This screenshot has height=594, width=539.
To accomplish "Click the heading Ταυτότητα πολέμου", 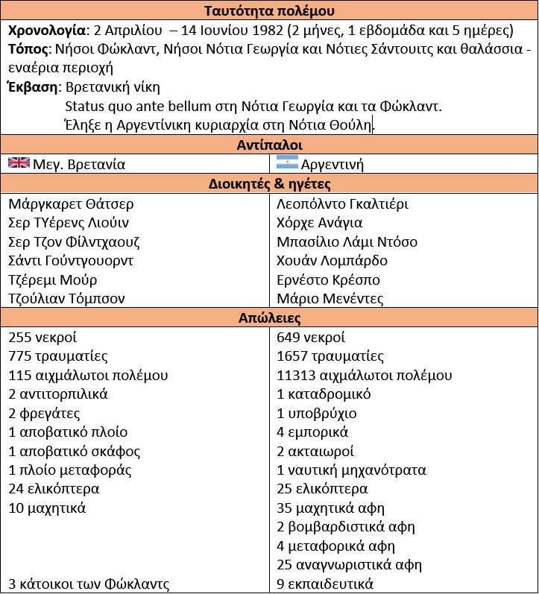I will tap(269, 11).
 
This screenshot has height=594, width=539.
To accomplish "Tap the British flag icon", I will tap(19, 163).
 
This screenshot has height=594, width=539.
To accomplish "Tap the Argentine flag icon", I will tap(287, 163).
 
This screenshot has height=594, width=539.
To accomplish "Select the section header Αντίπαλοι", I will tap(269, 145).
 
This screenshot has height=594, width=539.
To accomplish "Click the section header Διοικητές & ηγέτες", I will tap(269, 184).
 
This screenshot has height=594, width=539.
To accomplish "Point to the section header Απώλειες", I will tap(269, 318).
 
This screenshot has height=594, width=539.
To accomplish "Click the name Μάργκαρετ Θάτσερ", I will tap(72, 204).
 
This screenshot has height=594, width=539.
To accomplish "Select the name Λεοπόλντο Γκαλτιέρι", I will tap(342, 204).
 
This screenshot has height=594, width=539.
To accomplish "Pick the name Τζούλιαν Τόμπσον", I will tap(67, 299).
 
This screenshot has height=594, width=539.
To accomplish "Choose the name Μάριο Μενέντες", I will tap(330, 299).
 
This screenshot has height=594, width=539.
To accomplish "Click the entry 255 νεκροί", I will tap(42, 338).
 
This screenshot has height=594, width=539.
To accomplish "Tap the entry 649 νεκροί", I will tap(311, 338).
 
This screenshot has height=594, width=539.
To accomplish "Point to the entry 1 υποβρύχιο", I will tap(317, 414).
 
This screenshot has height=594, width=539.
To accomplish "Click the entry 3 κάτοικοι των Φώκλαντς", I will tap(89, 584).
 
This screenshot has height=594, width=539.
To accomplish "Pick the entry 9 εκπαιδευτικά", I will tap(325, 584).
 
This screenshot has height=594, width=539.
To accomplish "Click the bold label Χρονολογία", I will tap(48, 31).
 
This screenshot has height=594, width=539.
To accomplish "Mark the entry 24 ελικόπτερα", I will tap(54, 490).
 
